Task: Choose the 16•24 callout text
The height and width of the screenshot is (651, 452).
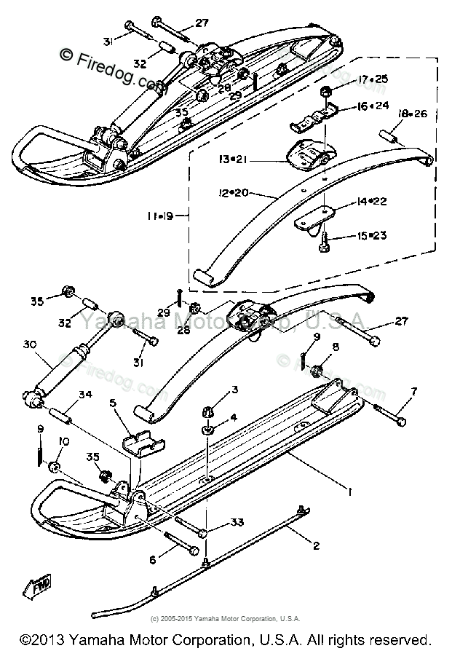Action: pyautogui.click(x=372, y=106)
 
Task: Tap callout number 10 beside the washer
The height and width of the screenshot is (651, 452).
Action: pyautogui.click(x=63, y=441)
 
